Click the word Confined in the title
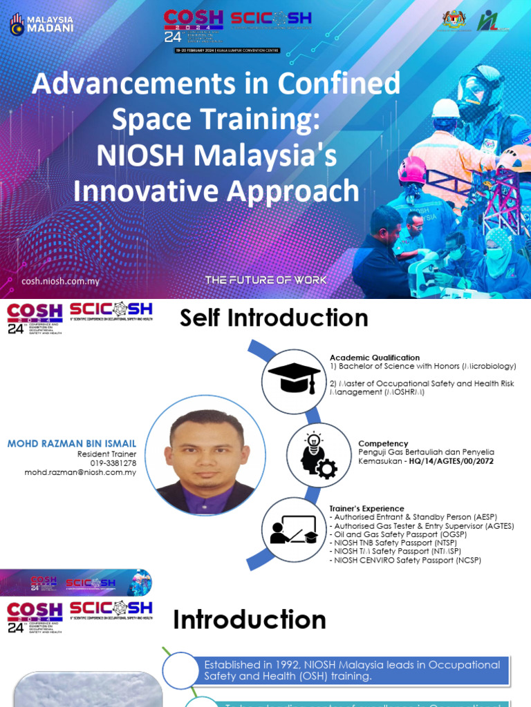point(338,84)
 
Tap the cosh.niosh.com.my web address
point(61,281)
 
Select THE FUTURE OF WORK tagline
point(265,280)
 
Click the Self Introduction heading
point(274,318)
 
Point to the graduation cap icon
point(294,378)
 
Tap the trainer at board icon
point(294,530)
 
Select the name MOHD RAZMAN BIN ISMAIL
point(72,443)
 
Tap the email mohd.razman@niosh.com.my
point(80,472)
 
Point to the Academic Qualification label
point(374,358)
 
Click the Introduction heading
point(250,620)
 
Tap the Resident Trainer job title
point(106,454)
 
